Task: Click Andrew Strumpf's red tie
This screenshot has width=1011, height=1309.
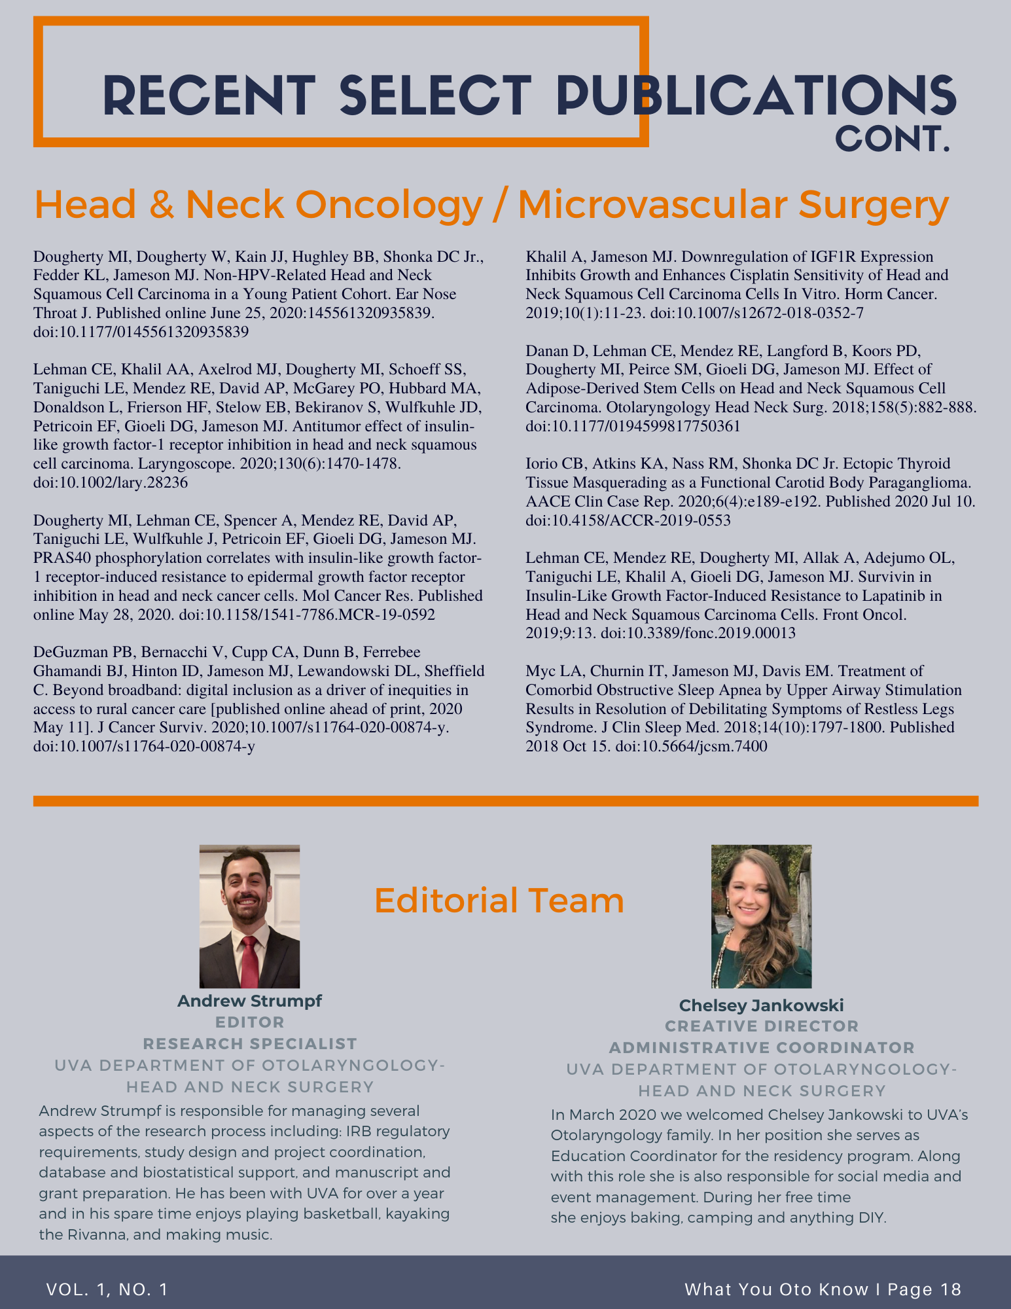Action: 249,962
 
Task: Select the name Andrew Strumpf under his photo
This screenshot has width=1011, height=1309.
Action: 249,1001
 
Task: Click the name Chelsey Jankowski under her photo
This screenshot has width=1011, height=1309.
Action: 761,1005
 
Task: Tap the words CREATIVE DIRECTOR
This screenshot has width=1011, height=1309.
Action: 762,1026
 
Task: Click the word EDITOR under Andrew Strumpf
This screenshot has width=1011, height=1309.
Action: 249,1022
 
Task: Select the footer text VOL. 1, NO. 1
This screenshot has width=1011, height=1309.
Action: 107,1289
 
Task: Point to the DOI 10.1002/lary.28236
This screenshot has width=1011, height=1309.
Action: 110,482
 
